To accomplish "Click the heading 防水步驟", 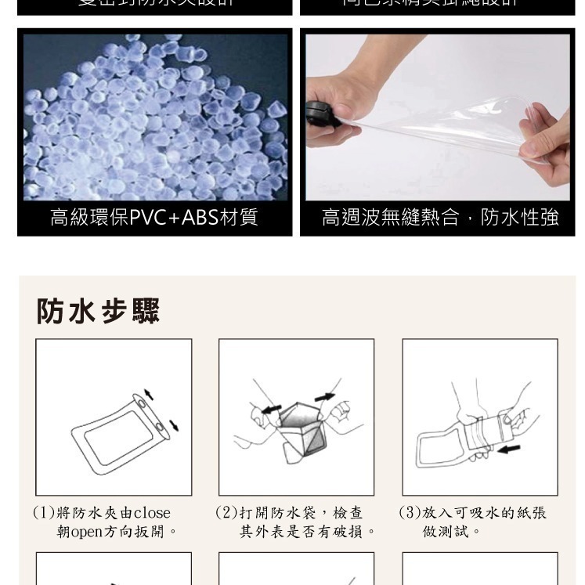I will tap(98, 311).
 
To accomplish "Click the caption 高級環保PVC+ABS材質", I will tap(154, 217).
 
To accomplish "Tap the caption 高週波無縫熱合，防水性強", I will tap(439, 217).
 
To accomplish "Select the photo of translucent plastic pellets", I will tap(154, 117).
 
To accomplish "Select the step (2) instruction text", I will tap(296, 522).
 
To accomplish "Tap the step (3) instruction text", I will tap(473, 522).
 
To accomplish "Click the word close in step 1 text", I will tap(152, 513).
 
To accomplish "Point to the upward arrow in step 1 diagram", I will tap(149, 393).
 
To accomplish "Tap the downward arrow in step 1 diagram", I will tap(173, 424).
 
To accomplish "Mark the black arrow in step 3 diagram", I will tap(508, 449).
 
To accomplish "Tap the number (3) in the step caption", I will tap(410, 513).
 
